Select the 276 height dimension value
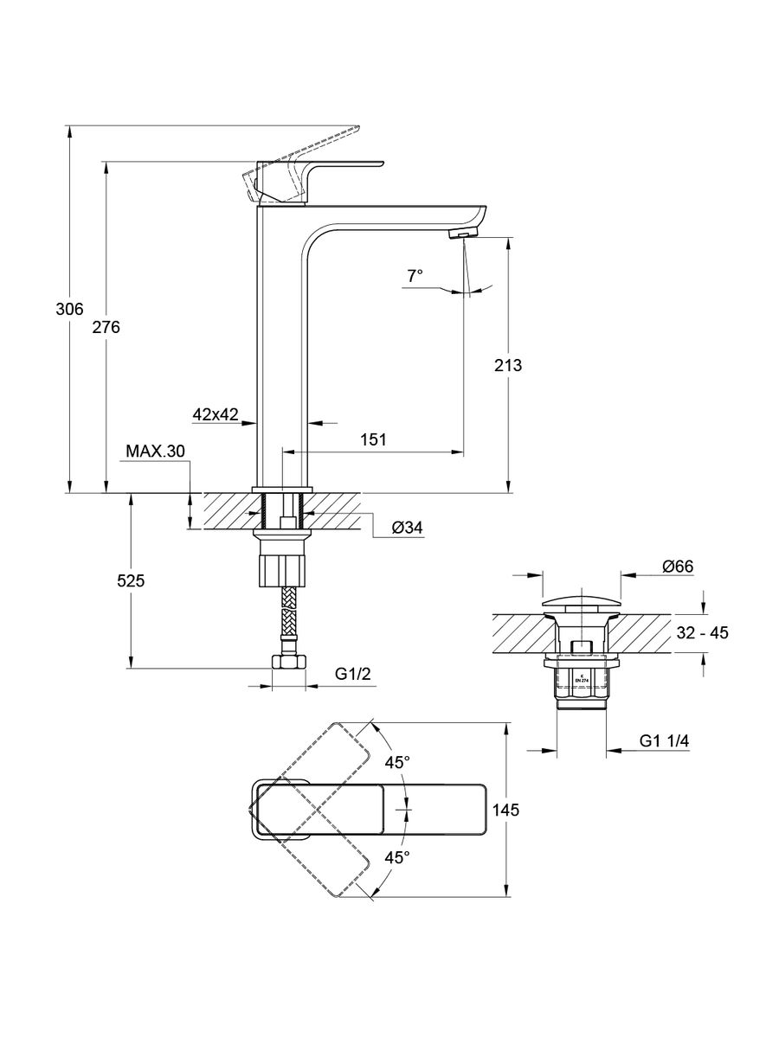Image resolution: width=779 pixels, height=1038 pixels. pyautogui.click(x=106, y=327)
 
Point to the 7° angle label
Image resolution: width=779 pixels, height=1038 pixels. pyautogui.click(x=415, y=275)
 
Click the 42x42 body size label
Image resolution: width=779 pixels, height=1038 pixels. pyautogui.click(x=216, y=414)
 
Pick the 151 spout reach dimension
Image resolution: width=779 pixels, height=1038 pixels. pyautogui.click(x=373, y=439)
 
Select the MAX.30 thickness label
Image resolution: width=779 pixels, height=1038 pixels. pyautogui.click(x=156, y=452)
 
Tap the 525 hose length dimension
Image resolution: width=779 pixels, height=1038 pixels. pyautogui.click(x=131, y=581)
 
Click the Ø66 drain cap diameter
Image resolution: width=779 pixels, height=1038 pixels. pyautogui.click(x=679, y=567)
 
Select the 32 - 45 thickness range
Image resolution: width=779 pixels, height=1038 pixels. pyautogui.click(x=701, y=633)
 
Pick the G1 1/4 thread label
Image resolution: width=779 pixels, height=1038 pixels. pyautogui.click(x=664, y=741)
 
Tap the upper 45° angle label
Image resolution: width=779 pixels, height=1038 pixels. pyautogui.click(x=397, y=763)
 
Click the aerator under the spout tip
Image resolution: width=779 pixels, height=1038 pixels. pyautogui.click(x=464, y=234)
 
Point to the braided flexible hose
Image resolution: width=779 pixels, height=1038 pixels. pyautogui.click(x=288, y=618)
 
